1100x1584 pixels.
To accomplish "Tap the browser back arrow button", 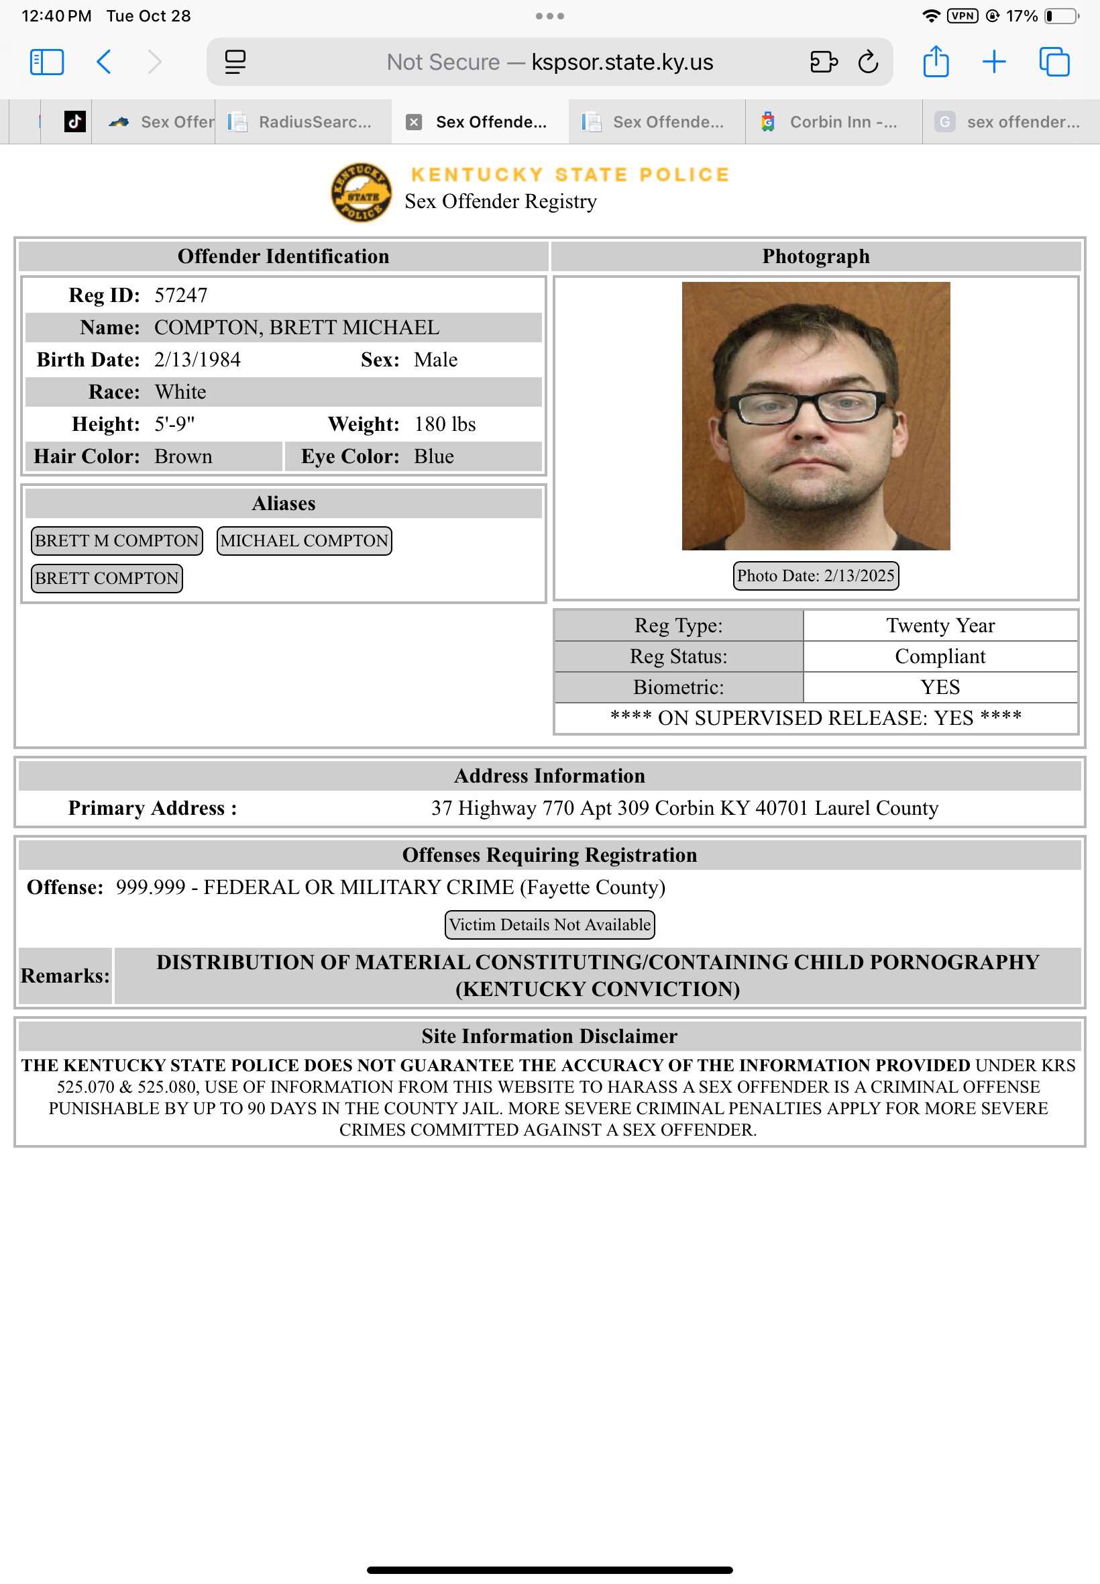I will click(104, 62).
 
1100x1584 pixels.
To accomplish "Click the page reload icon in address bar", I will click(868, 62).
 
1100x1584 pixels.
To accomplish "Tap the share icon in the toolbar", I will click(935, 61).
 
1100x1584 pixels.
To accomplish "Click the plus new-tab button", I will click(994, 62).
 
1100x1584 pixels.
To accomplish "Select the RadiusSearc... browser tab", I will click(303, 122).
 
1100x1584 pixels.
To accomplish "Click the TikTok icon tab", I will click(74, 122).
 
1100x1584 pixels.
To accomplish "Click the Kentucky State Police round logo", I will click(362, 193).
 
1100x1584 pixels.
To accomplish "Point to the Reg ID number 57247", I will click(180, 295).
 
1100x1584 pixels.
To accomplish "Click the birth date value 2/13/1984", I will click(197, 360).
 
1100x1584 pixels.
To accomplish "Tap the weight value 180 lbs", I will click(445, 424).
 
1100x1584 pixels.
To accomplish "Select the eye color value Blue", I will click(433, 456).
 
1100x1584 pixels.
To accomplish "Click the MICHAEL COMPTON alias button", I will click(304, 541).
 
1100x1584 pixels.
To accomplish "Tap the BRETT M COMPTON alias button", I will click(117, 541).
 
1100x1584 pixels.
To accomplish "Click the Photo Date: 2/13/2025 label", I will click(816, 576).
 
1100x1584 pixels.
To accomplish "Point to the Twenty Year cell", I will click(940, 626).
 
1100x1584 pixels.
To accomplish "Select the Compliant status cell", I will click(940, 656).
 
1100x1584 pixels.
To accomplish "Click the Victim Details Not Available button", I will click(549, 925).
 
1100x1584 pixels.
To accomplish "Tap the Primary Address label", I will click(152, 808).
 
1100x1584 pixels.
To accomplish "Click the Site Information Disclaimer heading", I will click(549, 1036).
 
